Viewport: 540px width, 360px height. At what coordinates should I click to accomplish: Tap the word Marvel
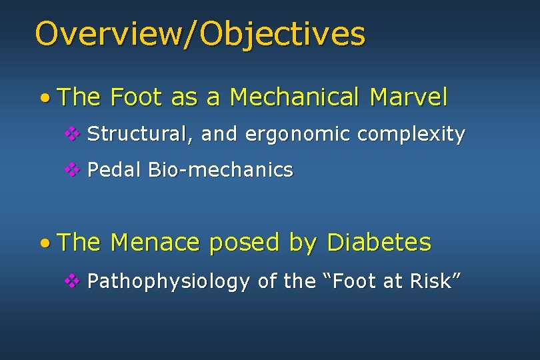(x=409, y=98)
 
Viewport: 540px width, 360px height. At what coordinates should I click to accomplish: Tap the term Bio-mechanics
(x=221, y=171)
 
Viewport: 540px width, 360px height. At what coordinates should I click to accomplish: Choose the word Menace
(x=155, y=243)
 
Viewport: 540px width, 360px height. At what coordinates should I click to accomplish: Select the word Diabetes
(x=379, y=243)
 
